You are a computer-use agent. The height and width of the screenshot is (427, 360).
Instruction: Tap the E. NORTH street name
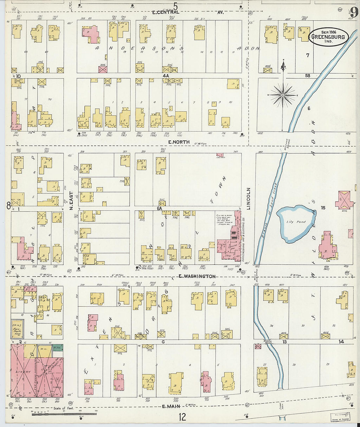click(179, 142)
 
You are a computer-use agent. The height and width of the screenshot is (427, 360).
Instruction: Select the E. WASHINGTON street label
click(197, 276)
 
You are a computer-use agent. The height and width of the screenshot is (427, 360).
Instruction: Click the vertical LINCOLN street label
click(248, 199)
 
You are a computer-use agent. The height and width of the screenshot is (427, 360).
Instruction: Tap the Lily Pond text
click(296, 222)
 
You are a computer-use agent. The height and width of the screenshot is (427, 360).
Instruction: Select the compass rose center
click(283, 95)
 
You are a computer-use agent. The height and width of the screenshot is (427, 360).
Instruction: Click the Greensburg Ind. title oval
click(328, 37)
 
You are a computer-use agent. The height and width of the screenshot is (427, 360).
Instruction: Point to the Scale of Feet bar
click(64, 414)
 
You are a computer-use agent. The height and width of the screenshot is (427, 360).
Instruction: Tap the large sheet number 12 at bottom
click(182, 417)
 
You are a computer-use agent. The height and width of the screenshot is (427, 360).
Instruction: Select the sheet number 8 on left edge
click(8, 205)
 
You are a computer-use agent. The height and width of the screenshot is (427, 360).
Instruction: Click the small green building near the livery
click(58, 348)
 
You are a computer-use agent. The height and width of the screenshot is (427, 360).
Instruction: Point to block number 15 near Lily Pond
click(323, 208)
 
